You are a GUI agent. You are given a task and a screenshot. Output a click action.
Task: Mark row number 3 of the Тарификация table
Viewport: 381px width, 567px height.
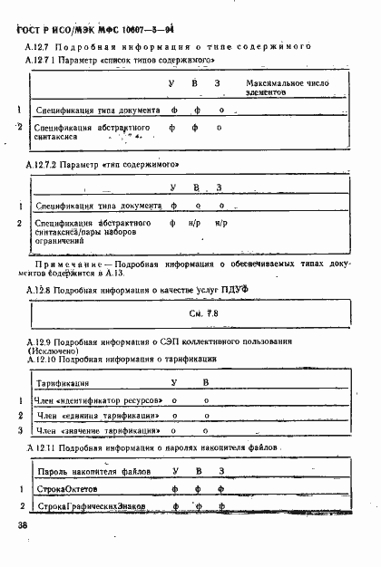click(x=20, y=431)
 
